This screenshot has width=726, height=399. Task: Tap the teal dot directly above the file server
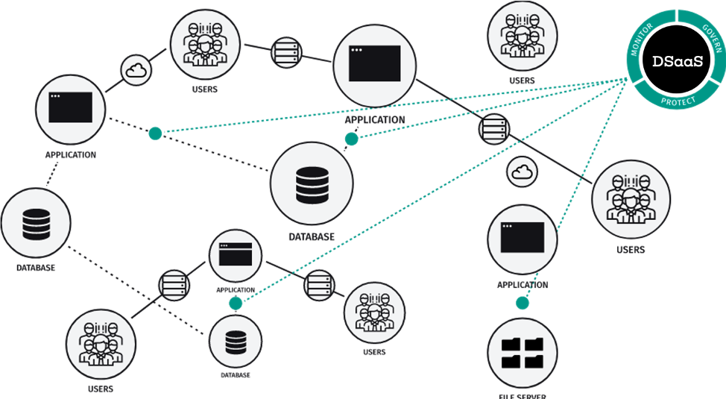522,304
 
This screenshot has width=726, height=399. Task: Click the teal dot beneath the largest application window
351,139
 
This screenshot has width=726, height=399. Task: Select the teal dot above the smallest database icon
236,304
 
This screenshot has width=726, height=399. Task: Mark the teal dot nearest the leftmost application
154,133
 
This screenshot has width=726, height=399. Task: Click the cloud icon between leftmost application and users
136,70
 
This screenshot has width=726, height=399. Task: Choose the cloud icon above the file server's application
522,172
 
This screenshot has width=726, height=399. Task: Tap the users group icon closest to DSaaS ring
520,37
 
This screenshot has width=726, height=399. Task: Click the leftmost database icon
34,224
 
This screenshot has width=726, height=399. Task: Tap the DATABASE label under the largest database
311,236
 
